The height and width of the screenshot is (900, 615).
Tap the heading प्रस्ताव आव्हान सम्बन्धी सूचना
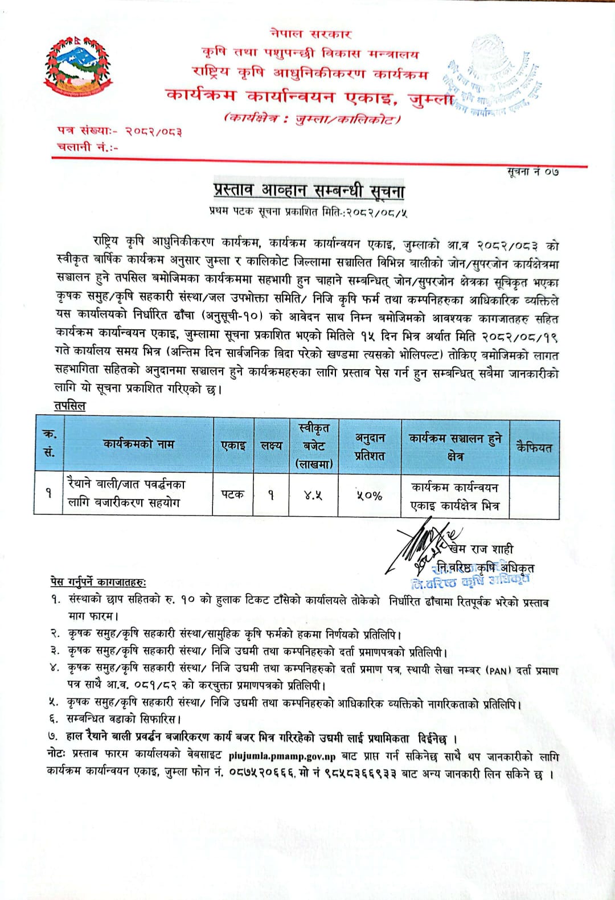[x=309, y=191]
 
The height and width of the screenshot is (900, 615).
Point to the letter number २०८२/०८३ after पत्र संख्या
[x=154, y=131]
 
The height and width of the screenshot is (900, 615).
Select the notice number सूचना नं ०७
[x=533, y=171]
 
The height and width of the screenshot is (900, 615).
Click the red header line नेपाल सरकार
[x=311, y=34]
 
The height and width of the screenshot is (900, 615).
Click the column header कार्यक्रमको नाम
[x=138, y=444]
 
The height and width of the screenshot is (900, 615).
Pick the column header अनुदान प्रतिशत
[x=370, y=447]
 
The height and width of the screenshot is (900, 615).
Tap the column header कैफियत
[x=534, y=447]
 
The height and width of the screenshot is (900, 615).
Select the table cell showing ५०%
[x=370, y=495]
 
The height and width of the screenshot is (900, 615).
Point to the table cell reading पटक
[x=232, y=494]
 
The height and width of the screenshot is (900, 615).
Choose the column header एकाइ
[x=233, y=445]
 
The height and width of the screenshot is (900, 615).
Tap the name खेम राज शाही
[x=484, y=549]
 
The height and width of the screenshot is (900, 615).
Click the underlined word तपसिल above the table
[x=69, y=406]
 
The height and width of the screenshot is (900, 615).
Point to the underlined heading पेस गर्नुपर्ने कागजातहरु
[x=97, y=582]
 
